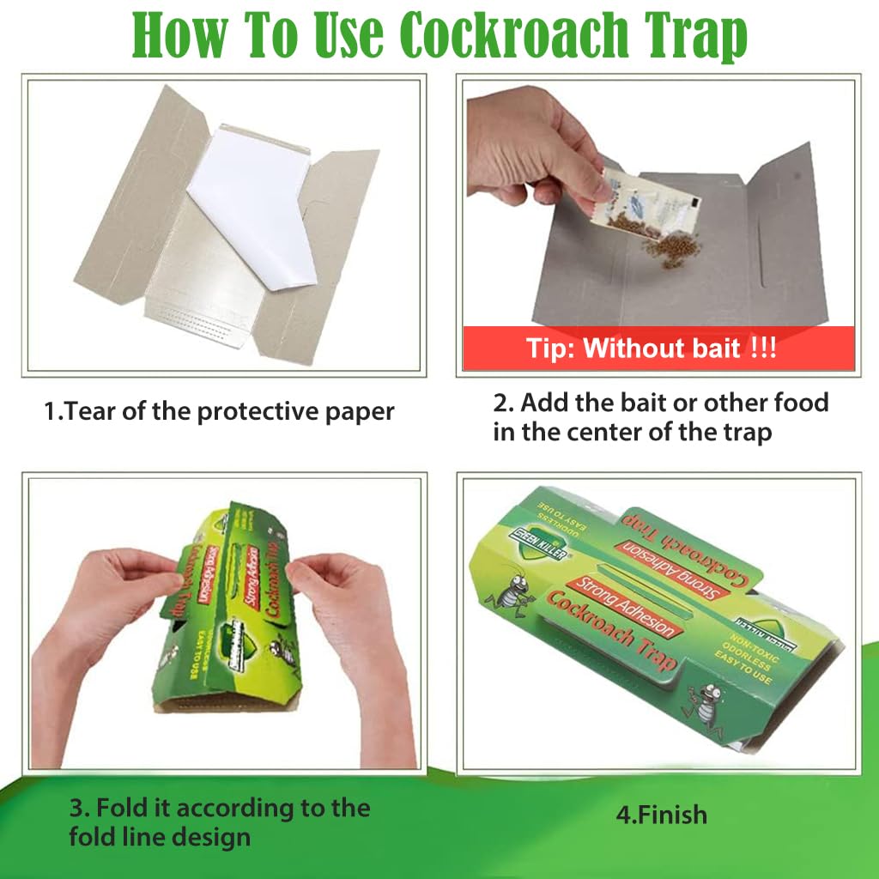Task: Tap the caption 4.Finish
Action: point(661,814)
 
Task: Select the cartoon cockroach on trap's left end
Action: point(515,593)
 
